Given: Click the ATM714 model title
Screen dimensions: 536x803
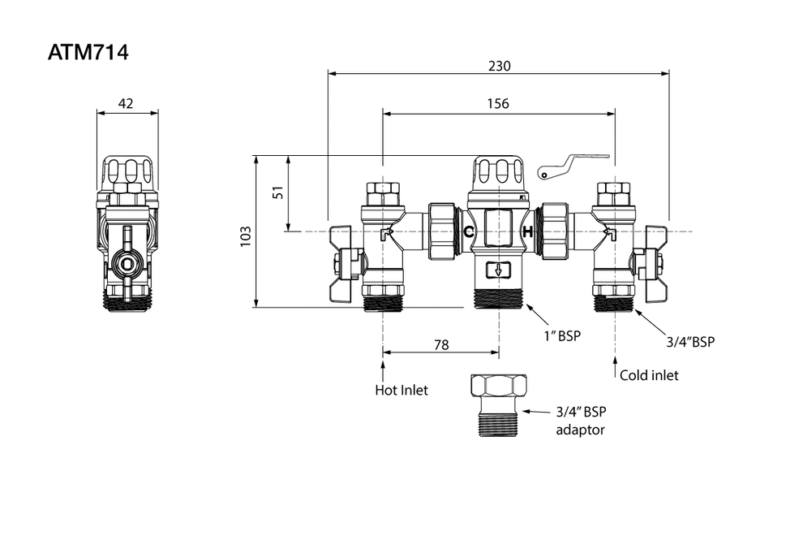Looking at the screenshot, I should (88, 53).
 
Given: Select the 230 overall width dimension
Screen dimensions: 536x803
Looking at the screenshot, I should (500, 66).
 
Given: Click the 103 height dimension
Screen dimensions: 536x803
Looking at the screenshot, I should (246, 236).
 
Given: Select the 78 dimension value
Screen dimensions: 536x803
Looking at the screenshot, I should (440, 344).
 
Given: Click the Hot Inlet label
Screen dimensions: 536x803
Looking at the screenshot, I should (401, 390).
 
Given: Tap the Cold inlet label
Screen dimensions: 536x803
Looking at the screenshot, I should (649, 375).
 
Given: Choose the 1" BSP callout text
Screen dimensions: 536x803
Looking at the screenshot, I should (564, 335).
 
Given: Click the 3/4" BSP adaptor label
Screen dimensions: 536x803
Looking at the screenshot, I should (581, 420).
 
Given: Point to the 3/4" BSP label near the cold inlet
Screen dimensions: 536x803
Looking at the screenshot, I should (690, 342).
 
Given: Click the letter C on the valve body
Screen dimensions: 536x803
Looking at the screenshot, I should (468, 232).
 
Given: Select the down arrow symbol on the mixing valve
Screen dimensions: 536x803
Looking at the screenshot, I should (497, 270).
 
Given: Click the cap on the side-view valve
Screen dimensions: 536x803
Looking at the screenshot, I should (127, 173).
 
